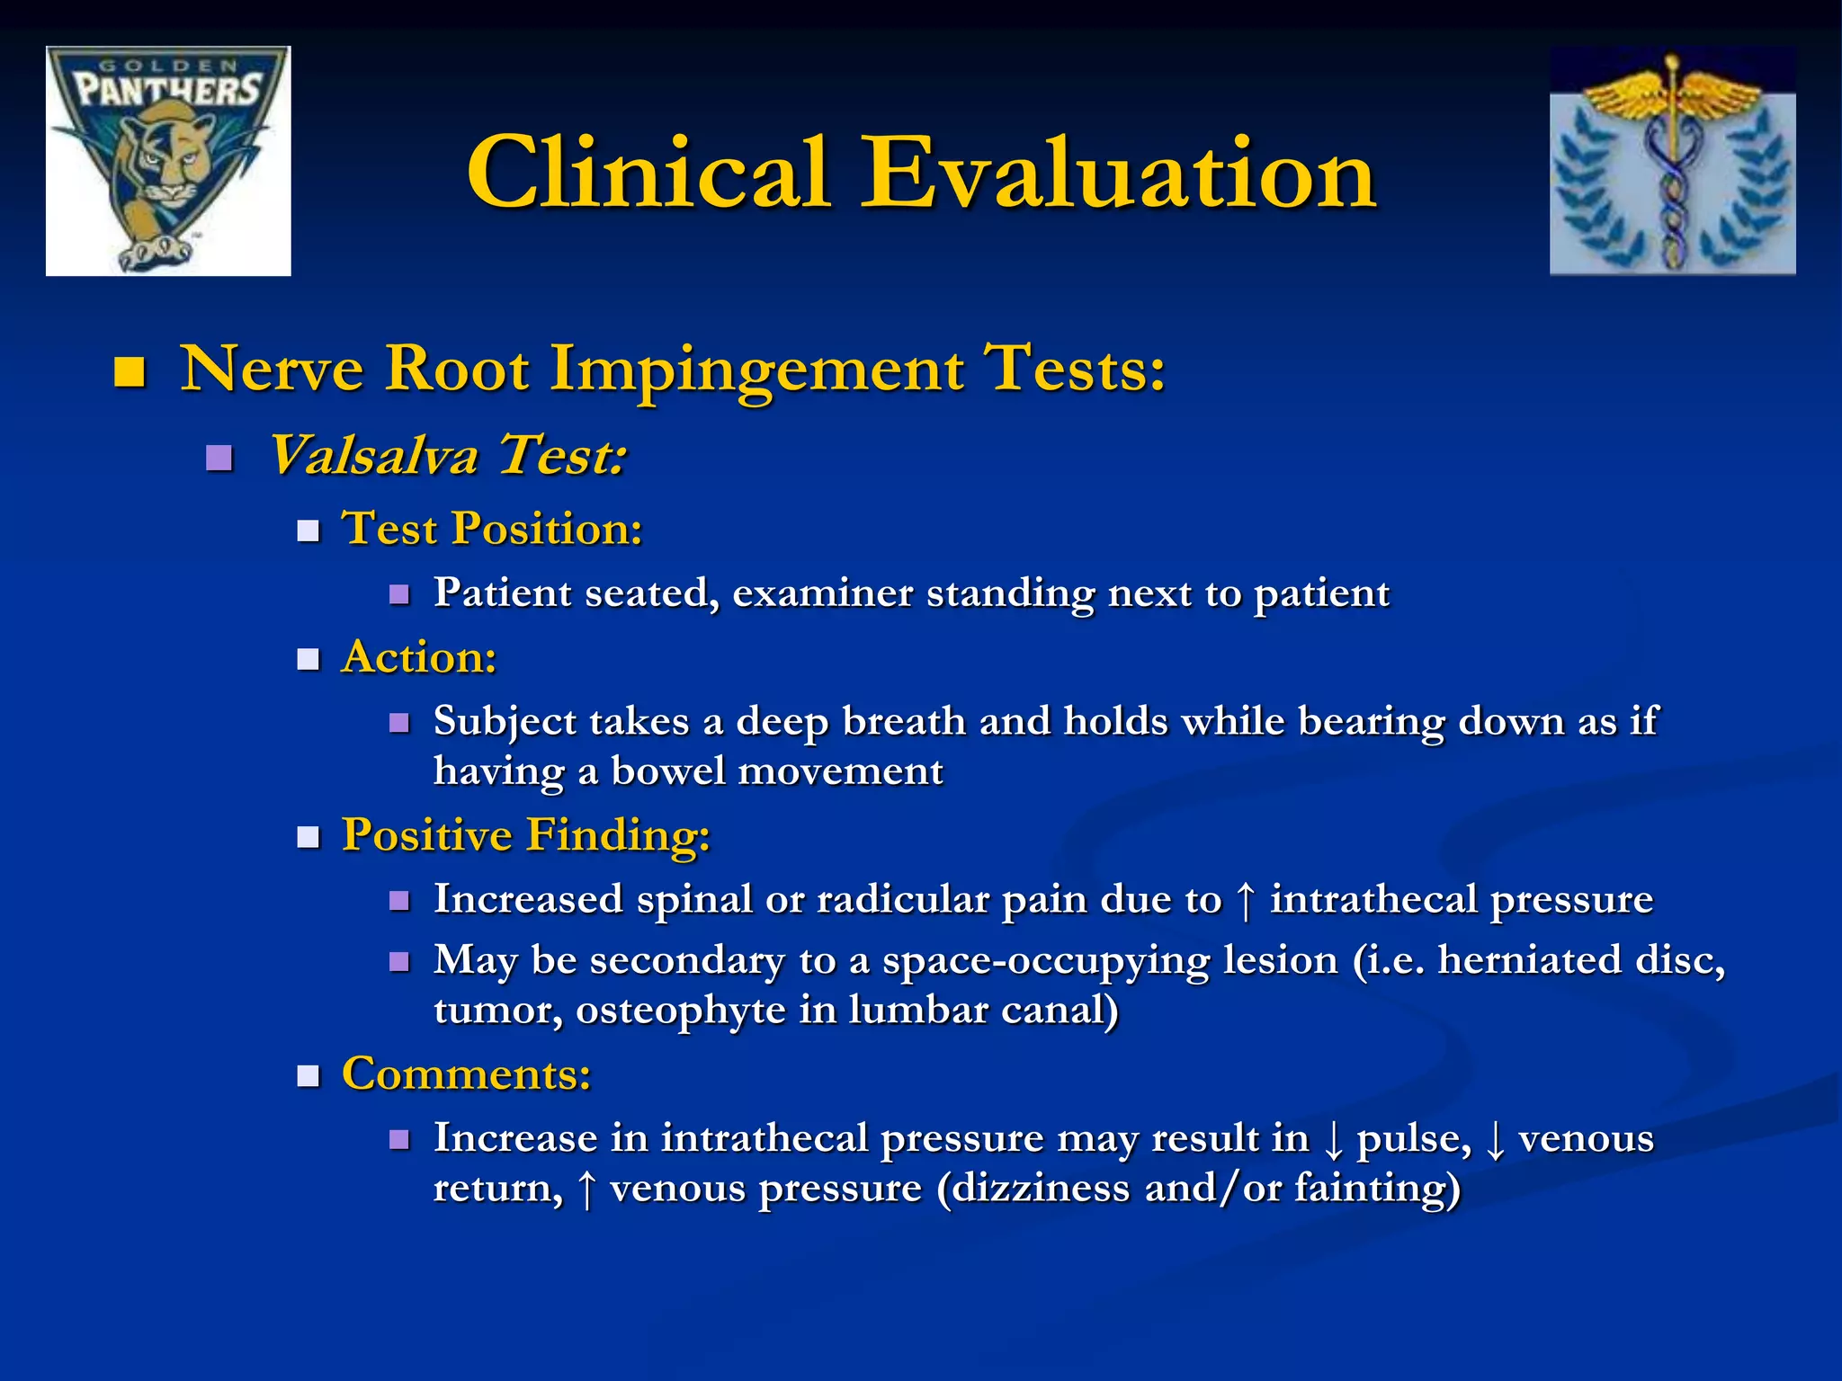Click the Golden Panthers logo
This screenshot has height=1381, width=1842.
point(168,161)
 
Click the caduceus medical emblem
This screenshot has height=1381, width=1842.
point(1672,162)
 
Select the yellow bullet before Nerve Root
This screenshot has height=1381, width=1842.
point(130,372)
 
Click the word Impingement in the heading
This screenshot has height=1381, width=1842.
point(756,370)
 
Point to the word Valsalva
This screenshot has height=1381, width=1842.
point(373,454)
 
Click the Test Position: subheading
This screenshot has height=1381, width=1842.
point(492,528)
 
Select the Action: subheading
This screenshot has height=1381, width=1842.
point(419,657)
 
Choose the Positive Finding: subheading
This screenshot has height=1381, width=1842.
point(526,835)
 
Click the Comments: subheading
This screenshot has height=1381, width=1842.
point(467,1074)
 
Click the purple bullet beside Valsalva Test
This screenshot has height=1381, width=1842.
point(219,459)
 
